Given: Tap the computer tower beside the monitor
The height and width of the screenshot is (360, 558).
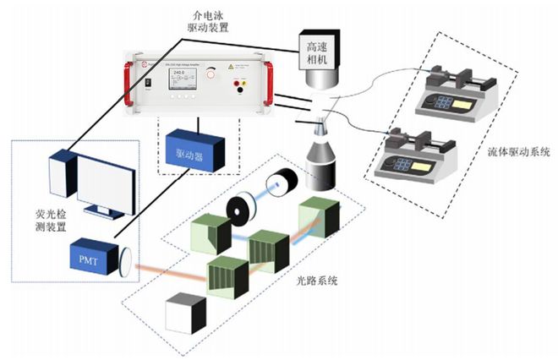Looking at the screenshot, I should pyautogui.click(x=62, y=178).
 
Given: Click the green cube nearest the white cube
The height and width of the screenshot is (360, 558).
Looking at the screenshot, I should pyautogui.click(x=226, y=277).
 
